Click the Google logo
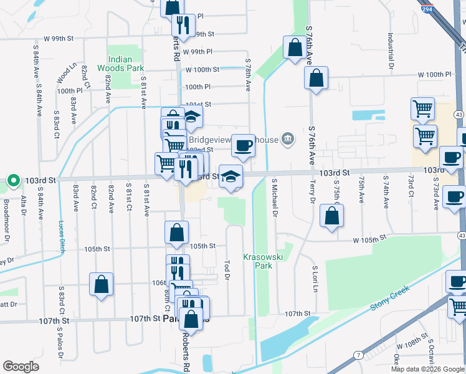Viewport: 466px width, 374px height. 21,367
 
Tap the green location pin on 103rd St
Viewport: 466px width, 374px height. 14,181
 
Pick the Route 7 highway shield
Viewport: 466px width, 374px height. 357,355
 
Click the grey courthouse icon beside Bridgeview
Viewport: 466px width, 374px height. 287,138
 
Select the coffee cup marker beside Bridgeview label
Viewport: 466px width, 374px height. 244,146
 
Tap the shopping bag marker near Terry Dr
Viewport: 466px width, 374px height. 332,216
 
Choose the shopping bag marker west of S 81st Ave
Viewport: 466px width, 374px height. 101,284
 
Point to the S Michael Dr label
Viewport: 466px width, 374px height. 274,198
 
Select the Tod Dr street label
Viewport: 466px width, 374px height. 227,269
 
